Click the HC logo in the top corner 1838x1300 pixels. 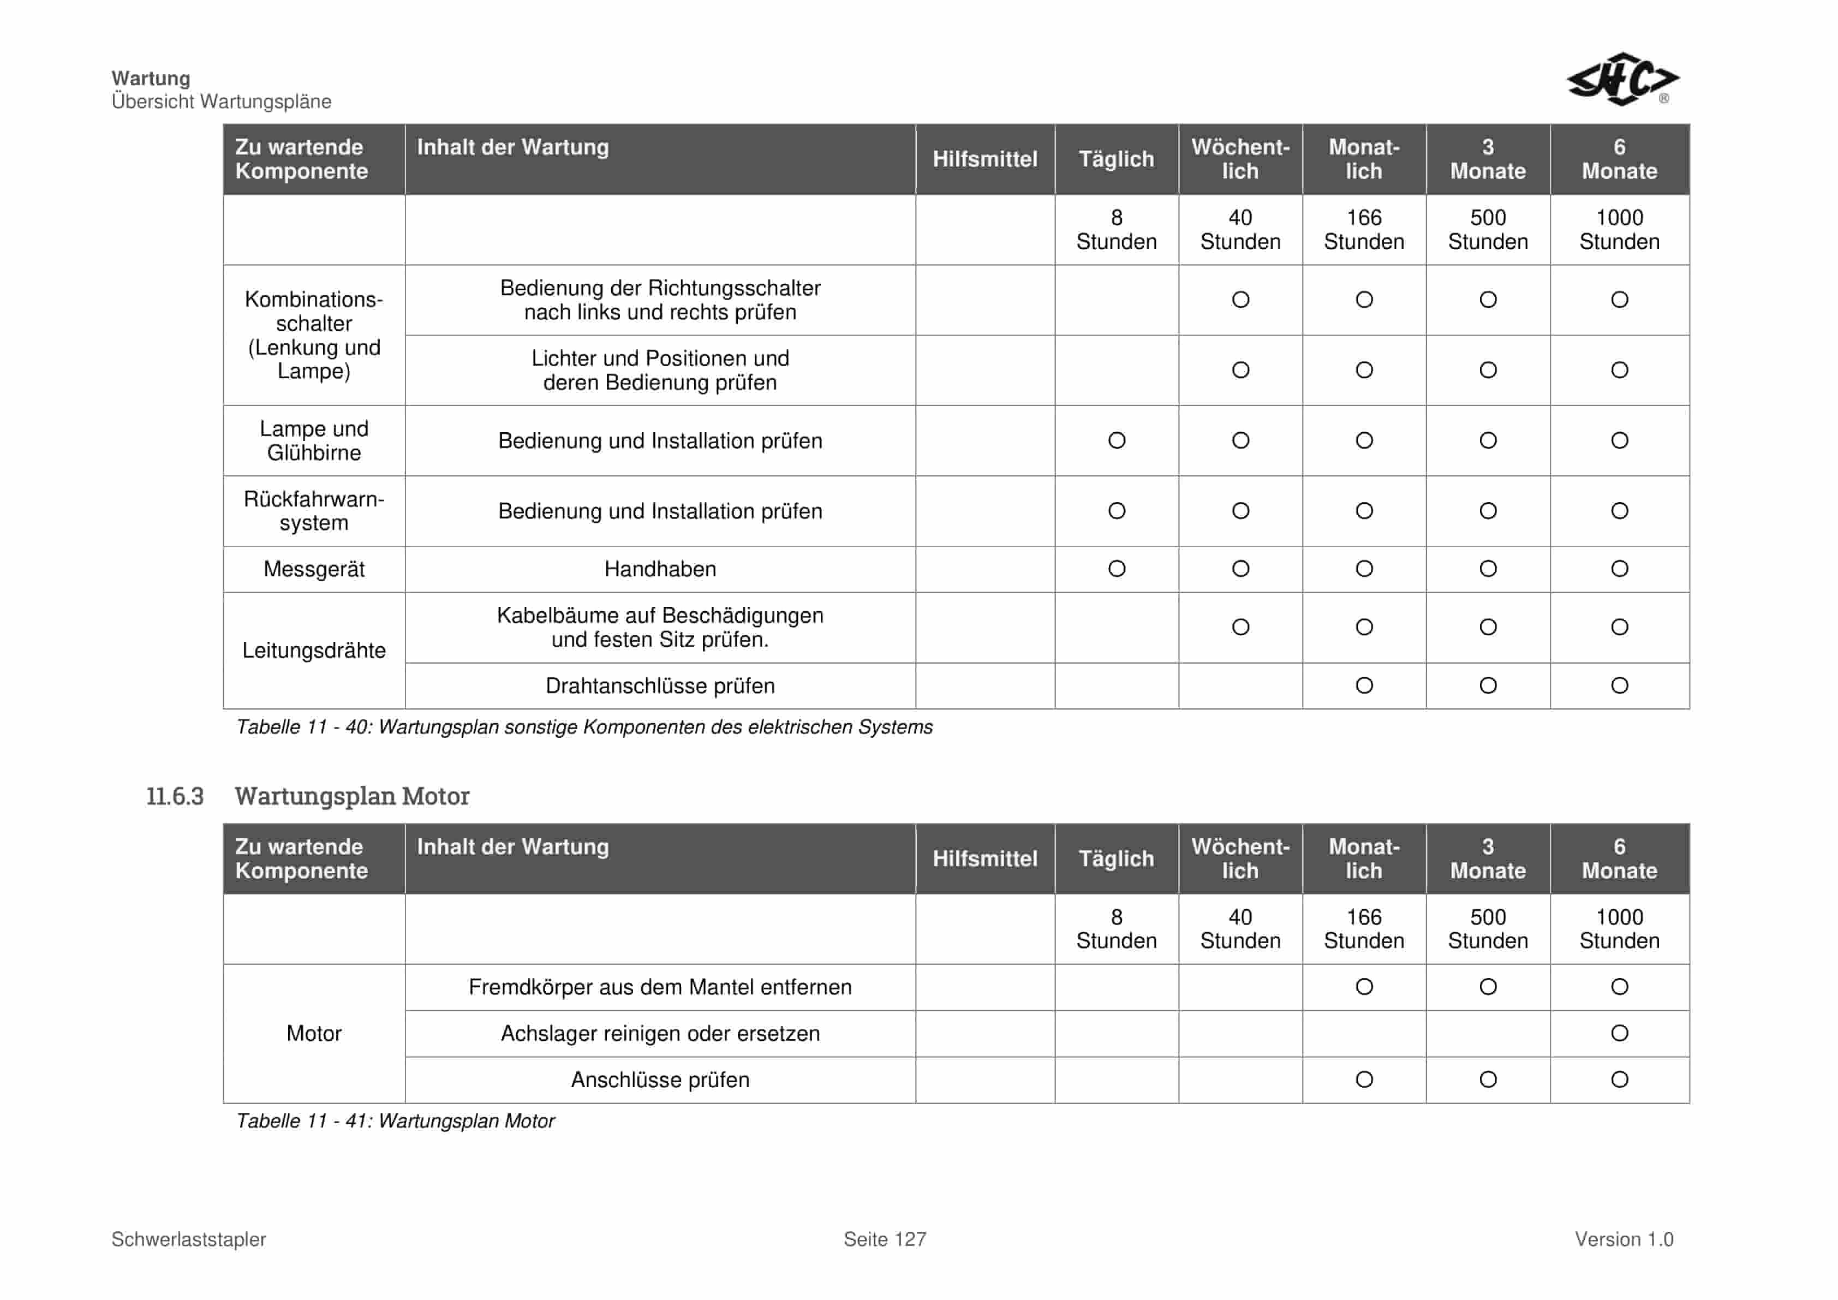point(1622,79)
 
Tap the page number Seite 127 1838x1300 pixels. point(885,1239)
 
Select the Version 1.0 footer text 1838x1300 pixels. point(1624,1239)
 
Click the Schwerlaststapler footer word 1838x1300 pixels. point(189,1239)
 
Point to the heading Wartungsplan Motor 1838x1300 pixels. point(351,796)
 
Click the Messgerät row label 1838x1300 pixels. point(314,569)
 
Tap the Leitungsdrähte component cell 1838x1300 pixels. point(314,650)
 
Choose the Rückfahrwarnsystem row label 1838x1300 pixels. point(314,511)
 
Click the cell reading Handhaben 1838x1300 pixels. point(660,569)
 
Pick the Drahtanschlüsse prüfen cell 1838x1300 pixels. point(660,686)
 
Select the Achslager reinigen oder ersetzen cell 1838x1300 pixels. point(660,1034)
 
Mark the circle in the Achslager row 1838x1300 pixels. point(1619,1034)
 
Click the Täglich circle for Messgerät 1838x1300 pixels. point(1116,569)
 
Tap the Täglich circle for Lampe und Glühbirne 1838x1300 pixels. point(1116,440)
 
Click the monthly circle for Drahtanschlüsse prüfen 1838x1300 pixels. point(1364,686)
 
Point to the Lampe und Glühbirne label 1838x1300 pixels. point(314,440)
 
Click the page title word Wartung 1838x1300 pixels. point(151,79)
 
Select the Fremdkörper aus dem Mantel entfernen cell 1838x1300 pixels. point(660,987)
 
